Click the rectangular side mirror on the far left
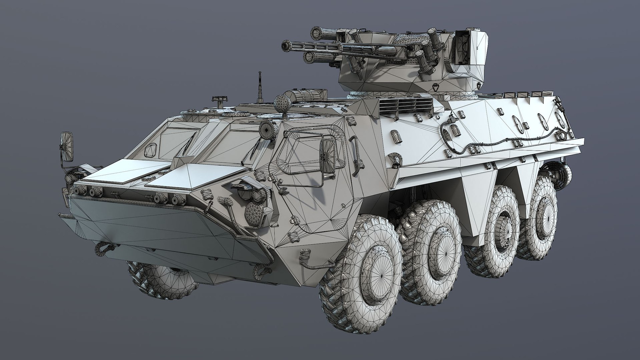pyautogui.click(x=68, y=146)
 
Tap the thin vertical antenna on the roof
pyautogui.click(x=259, y=88)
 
